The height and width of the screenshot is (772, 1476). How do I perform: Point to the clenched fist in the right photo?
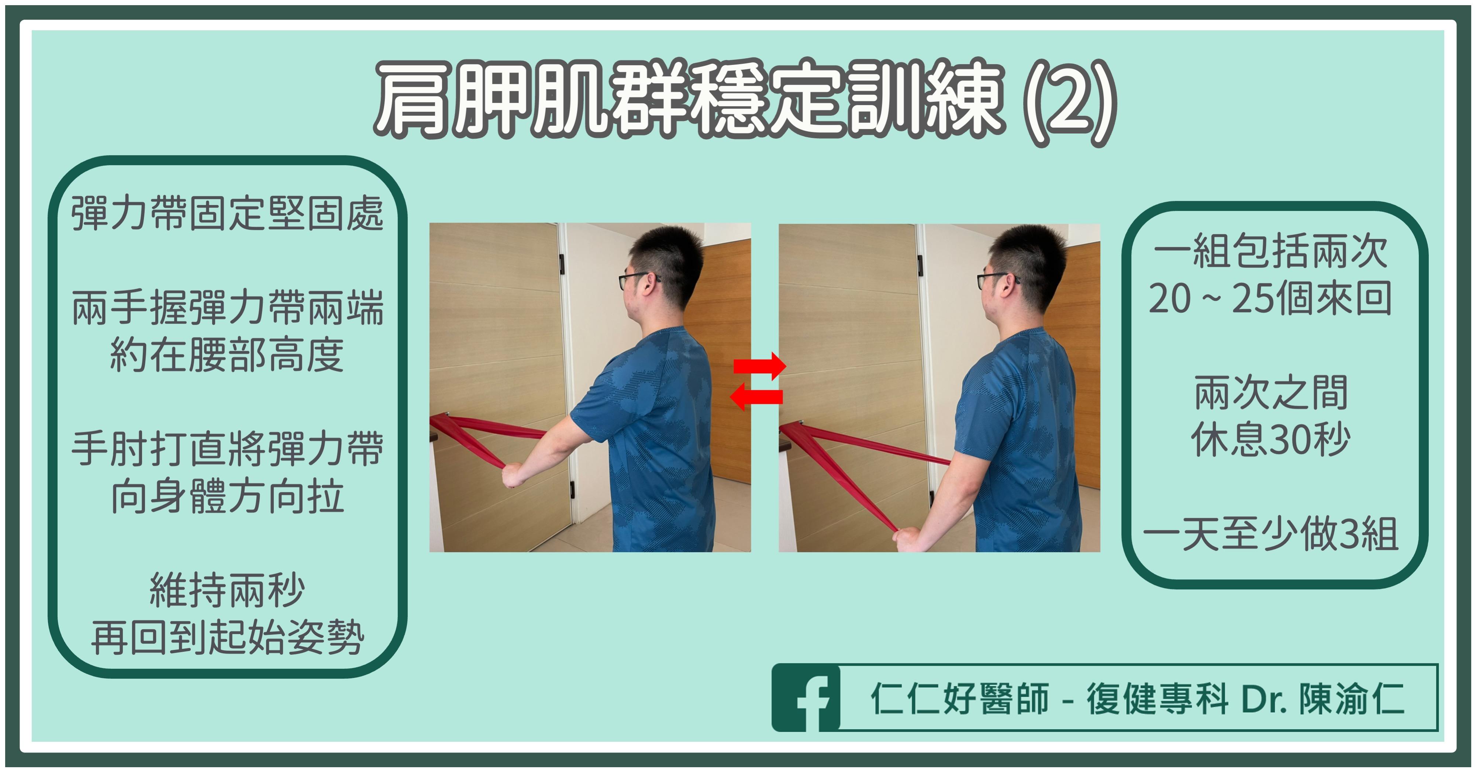908,539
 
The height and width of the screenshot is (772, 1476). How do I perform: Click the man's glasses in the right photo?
994,280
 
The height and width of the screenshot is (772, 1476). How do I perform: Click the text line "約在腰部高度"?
227,356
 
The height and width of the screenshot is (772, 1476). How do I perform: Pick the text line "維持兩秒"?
227,591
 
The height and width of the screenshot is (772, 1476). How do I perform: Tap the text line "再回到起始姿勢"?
227,637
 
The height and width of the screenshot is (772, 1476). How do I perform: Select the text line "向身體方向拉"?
227,496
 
